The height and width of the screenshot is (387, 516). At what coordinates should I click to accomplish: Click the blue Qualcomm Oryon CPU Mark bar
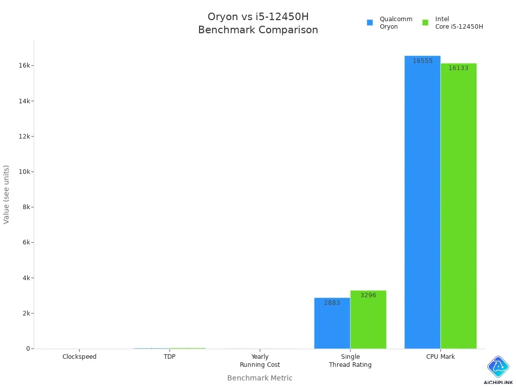tap(422, 202)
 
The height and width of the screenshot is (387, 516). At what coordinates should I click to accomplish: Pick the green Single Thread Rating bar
tap(368, 319)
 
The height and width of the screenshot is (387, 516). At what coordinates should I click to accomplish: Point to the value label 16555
tap(422, 61)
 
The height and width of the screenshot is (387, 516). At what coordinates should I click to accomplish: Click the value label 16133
tap(458, 68)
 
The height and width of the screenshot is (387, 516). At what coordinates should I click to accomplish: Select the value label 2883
tap(332, 303)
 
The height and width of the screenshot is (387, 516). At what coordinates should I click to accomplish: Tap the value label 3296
tap(368, 295)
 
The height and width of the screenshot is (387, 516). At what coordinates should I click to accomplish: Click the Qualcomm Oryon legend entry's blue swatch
tap(370, 23)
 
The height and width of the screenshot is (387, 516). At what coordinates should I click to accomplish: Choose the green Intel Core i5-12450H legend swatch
tap(425, 23)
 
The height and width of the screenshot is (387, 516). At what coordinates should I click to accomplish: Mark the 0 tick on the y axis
tap(28, 349)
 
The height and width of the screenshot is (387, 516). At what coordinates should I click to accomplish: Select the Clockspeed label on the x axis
tap(80, 357)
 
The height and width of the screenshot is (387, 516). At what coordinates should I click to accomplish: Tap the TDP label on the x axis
tap(170, 357)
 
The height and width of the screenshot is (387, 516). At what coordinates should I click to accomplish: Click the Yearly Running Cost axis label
tap(260, 361)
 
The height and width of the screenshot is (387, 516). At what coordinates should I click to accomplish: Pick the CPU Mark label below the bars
tap(440, 357)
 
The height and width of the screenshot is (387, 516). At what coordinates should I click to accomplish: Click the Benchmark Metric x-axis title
tap(260, 378)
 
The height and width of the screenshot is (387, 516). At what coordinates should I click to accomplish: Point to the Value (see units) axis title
tap(7, 195)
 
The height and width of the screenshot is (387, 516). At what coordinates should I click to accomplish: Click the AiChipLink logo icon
tap(498, 367)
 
